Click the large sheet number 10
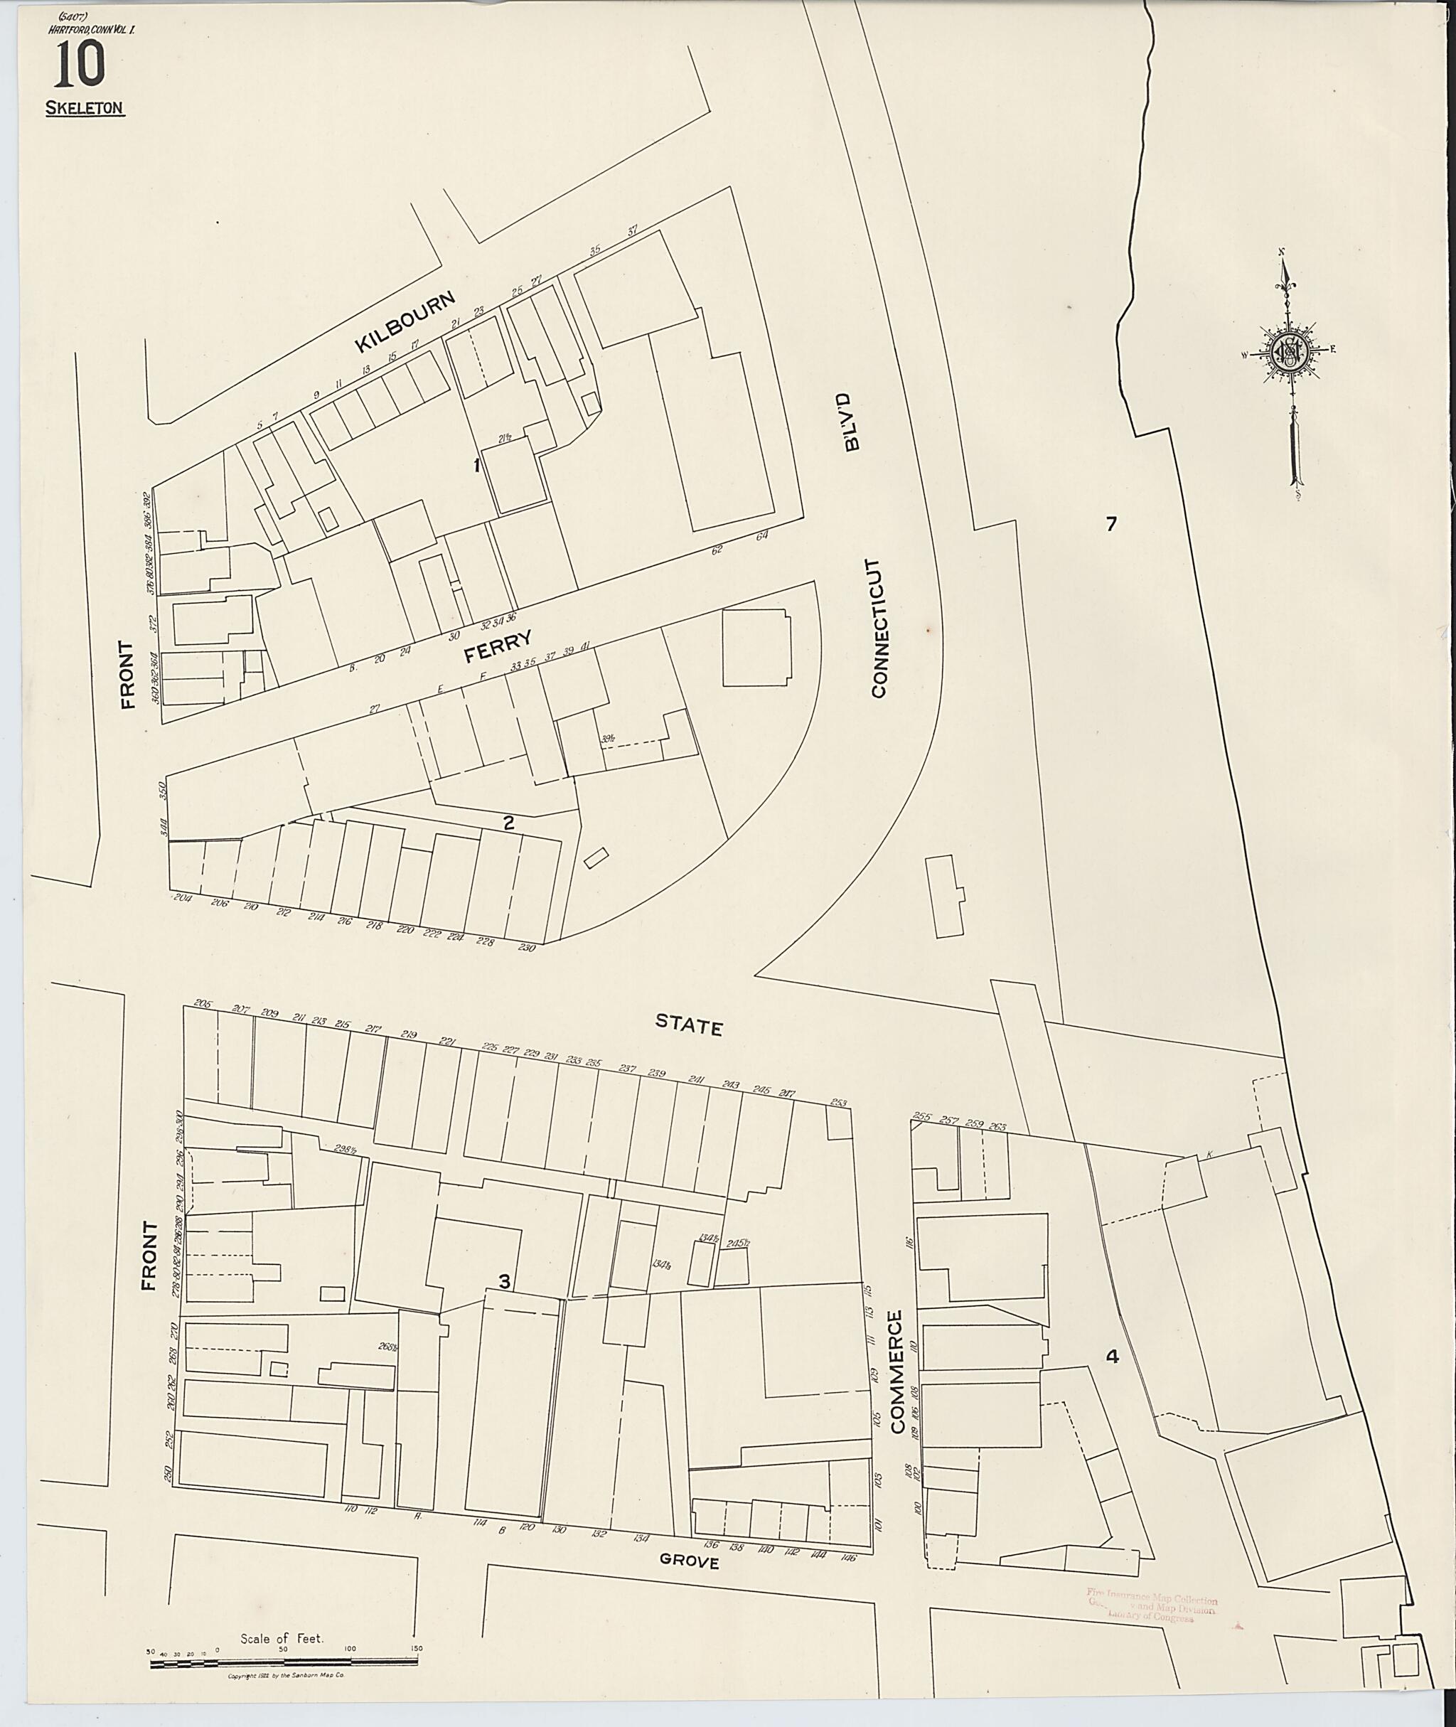point(79,65)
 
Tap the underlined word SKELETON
point(85,108)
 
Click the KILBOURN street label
point(405,323)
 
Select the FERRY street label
point(497,646)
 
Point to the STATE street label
point(688,1025)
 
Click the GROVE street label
point(688,1562)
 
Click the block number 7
point(1111,523)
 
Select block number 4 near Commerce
point(1112,1357)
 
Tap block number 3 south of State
point(503,1281)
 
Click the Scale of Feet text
point(282,1639)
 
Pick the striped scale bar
point(283,1662)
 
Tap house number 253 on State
point(839,1103)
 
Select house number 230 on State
point(527,948)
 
